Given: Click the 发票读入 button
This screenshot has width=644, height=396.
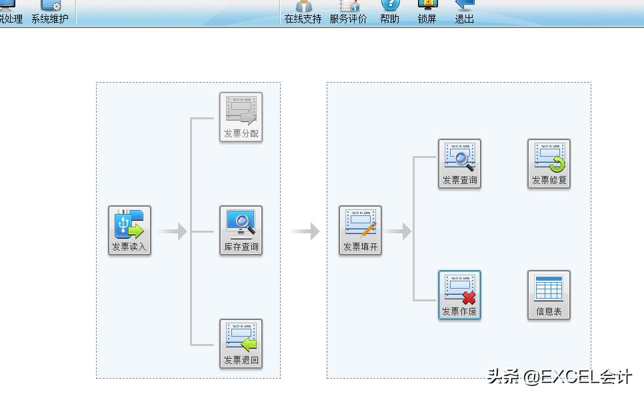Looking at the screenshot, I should [x=130, y=230].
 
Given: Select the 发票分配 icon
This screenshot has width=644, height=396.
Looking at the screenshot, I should [x=241, y=117].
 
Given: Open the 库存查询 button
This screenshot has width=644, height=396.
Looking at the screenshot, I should [x=241, y=230].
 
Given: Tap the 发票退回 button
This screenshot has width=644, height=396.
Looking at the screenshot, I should [x=241, y=343].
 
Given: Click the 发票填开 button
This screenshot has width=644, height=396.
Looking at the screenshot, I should [x=361, y=230].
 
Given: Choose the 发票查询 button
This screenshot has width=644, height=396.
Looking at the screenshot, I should [x=459, y=163].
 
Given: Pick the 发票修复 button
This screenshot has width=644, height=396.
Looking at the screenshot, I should [x=549, y=163].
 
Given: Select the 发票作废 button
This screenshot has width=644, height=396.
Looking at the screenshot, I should [x=459, y=295].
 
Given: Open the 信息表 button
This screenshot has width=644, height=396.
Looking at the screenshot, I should [x=549, y=295].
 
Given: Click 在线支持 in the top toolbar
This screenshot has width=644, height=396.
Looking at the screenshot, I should [x=303, y=13].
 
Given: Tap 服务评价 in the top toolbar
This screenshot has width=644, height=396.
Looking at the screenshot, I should [x=348, y=13].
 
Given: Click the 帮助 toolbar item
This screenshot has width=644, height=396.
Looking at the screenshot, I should [x=390, y=13].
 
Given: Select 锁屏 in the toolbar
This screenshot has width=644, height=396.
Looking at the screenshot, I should [x=427, y=13].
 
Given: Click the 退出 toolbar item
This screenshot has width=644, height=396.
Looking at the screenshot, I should [x=464, y=13].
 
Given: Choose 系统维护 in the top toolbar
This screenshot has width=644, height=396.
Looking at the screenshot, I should [x=50, y=13].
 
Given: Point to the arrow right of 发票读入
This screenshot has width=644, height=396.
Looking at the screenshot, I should [x=173, y=231].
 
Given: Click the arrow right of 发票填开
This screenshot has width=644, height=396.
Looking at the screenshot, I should [x=398, y=231].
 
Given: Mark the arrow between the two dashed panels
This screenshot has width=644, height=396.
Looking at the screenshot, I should [x=305, y=231].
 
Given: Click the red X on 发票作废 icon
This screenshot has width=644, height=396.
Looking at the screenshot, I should [x=469, y=297].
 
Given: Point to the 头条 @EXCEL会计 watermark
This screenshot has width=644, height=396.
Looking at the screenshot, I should [x=560, y=377].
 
